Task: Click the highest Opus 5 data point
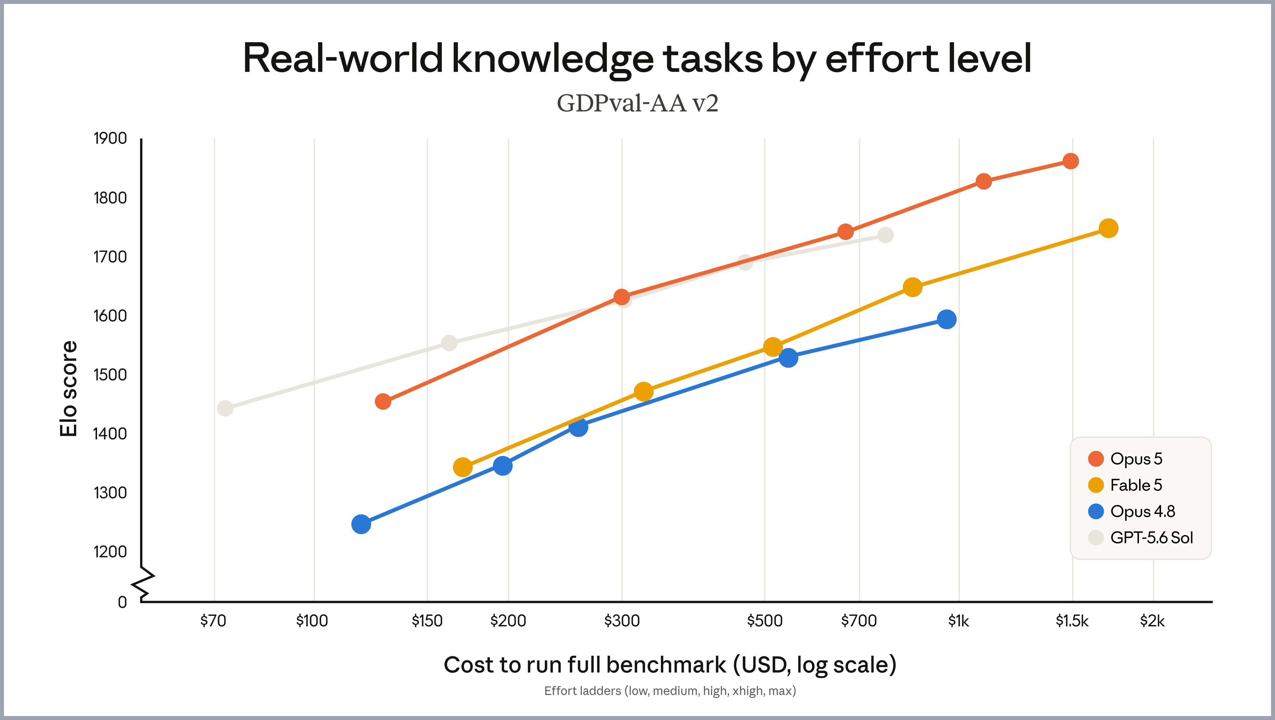pos(1070,161)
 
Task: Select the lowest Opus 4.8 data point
pos(361,524)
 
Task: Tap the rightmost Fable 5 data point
pos(1108,228)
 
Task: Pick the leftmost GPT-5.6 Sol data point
pos(225,408)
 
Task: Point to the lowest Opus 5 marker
pos(383,402)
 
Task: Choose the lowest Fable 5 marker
pos(462,467)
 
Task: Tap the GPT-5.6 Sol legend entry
pos(1140,537)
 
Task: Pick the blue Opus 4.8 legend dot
pos(1096,511)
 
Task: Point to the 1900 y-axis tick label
pos(110,138)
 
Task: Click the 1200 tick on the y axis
pos(110,552)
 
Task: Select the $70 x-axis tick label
pos(213,620)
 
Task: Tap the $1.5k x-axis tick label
pos(1072,620)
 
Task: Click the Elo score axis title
pos(68,389)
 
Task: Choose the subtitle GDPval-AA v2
pos(637,104)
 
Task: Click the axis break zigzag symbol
pos(143,584)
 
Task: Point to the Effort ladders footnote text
pos(670,691)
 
